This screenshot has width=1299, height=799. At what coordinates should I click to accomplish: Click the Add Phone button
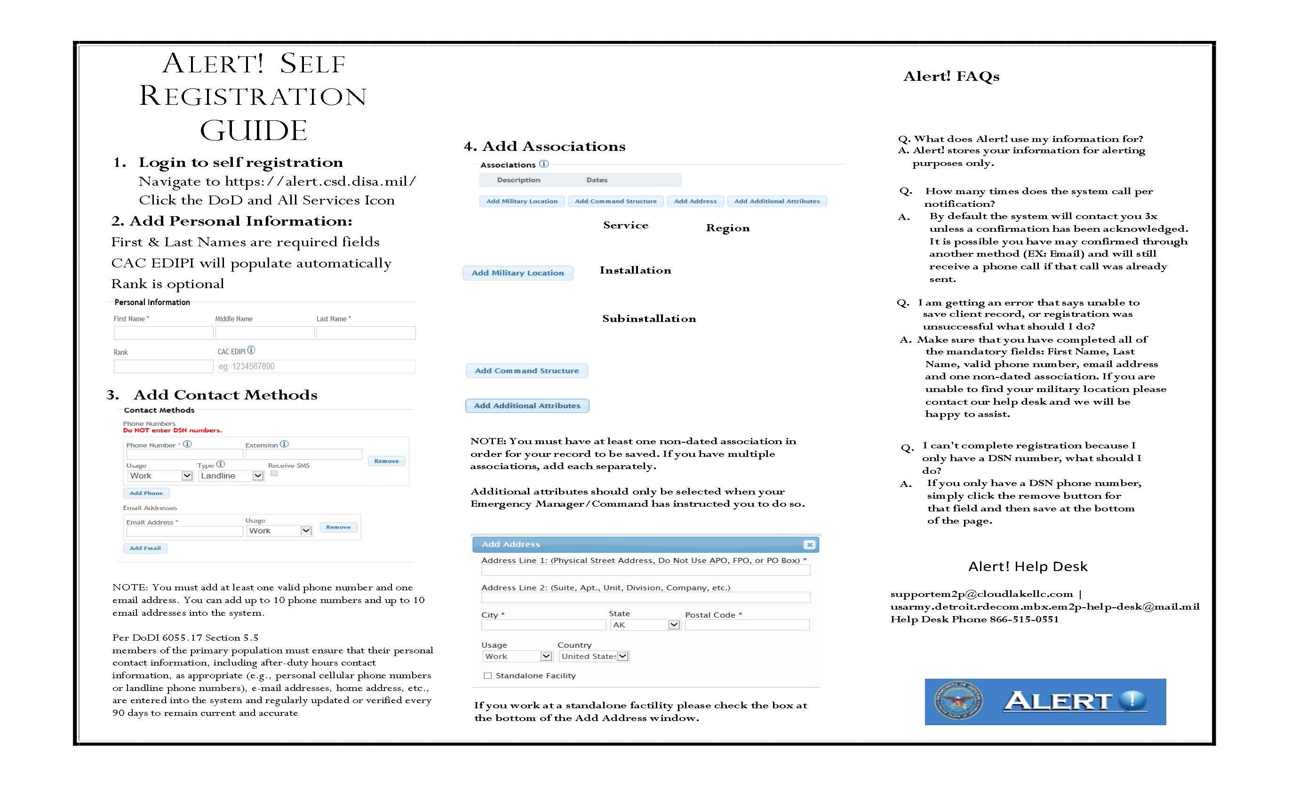tap(146, 493)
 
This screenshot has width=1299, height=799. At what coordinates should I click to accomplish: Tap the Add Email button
tap(145, 548)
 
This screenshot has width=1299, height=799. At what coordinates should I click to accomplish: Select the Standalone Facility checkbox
tap(487, 675)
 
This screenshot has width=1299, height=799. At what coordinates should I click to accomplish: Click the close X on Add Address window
tap(809, 544)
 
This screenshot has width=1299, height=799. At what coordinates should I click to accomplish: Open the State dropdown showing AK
tap(646, 625)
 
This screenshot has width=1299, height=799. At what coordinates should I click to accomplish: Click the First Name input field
tap(163, 332)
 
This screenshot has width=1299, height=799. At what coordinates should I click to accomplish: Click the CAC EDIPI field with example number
tap(316, 366)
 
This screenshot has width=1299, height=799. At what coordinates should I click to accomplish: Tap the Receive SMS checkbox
tap(274, 473)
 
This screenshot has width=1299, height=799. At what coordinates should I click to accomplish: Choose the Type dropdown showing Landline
tap(231, 476)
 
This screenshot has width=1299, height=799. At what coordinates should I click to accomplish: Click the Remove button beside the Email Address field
tap(338, 527)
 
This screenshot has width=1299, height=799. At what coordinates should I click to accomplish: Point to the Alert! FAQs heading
tap(951, 77)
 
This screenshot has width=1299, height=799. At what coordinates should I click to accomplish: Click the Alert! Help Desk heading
tap(1027, 566)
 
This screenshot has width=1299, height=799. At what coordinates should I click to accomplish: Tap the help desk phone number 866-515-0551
tap(1024, 619)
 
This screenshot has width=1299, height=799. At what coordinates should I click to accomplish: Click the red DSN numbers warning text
tap(172, 430)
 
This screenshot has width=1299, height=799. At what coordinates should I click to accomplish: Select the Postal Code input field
tap(747, 625)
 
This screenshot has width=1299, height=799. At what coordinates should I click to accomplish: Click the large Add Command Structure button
tap(526, 370)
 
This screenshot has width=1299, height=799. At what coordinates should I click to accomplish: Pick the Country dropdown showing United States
tap(594, 656)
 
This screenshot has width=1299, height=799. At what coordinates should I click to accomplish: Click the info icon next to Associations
tap(544, 164)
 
